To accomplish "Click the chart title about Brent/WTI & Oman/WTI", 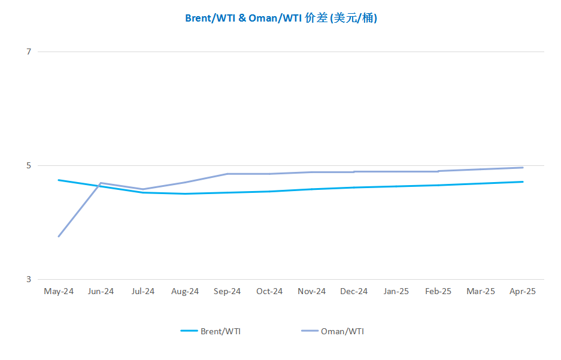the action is (x=281, y=18).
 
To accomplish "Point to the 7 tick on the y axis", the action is (x=29, y=52).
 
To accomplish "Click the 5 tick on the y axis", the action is (x=29, y=166).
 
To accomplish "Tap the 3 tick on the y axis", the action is (x=29, y=280).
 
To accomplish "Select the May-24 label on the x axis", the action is (x=59, y=291).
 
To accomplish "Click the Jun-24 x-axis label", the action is (x=101, y=291).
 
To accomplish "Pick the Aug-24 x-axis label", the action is (x=185, y=291).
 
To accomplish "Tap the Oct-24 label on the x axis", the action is (x=269, y=291).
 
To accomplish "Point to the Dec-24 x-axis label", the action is (x=354, y=291).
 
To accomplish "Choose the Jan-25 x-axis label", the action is (x=396, y=291).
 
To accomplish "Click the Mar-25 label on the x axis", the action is (x=481, y=291).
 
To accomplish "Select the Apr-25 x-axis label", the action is (x=523, y=291).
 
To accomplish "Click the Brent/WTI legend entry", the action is (x=211, y=331).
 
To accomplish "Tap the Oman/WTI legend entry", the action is (x=333, y=331).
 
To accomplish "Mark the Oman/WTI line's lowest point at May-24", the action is (x=59, y=237).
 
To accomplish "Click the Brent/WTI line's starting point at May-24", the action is (x=59, y=180).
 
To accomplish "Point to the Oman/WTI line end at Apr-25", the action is (x=523, y=168).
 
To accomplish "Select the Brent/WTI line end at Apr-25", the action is (x=523, y=181).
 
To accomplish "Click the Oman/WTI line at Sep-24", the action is (x=227, y=174).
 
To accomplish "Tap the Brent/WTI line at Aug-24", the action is (x=185, y=194).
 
